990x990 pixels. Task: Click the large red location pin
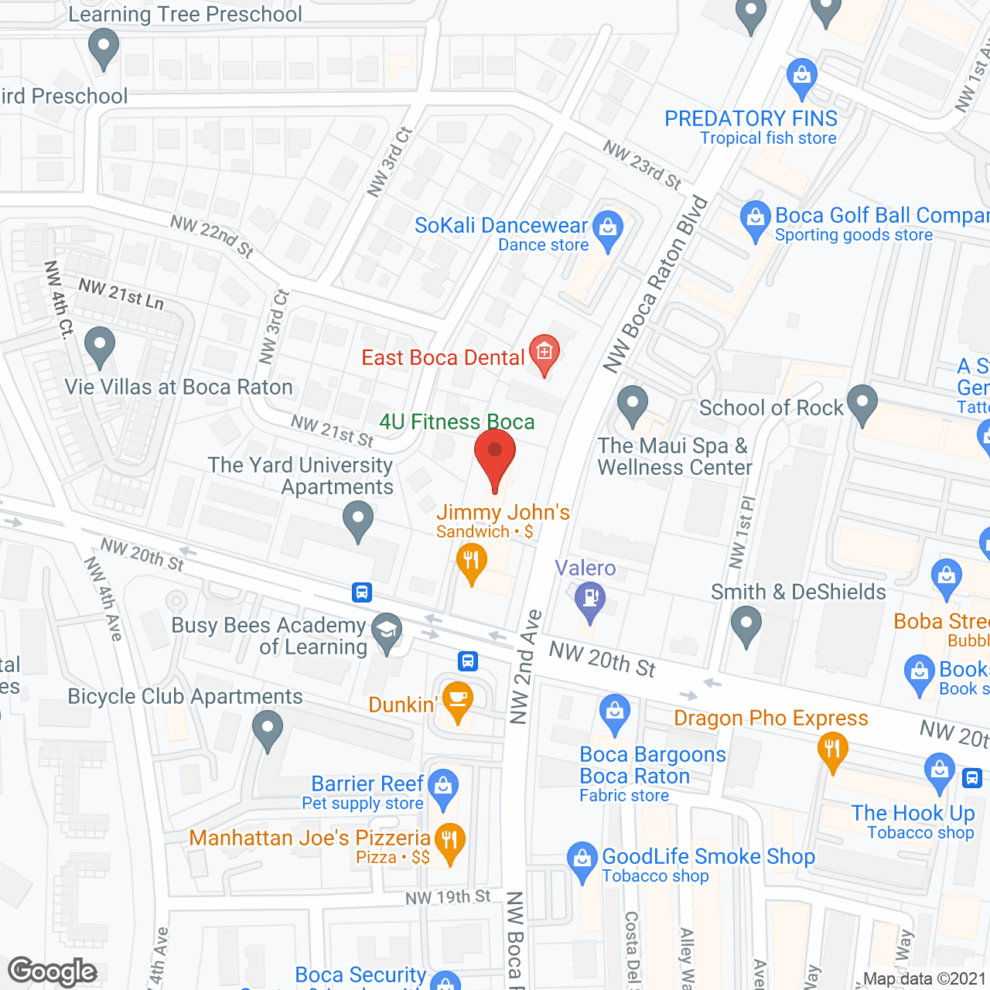[x=494, y=452]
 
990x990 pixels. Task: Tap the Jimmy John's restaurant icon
[x=471, y=562]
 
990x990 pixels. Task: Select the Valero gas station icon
[x=590, y=600]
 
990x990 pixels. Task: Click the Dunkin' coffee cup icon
[x=458, y=699]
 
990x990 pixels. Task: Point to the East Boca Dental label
[x=443, y=358]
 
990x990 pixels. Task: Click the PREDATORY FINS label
[x=750, y=119]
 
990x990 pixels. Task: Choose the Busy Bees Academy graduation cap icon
[x=387, y=631]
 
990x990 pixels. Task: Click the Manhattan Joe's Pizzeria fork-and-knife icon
[x=449, y=841]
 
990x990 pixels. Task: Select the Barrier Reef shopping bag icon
[x=443, y=787]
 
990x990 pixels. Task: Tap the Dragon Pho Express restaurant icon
[x=832, y=751]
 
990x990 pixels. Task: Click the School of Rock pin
[x=862, y=403]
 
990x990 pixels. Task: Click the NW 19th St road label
[x=448, y=897]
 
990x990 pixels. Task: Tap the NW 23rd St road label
[x=642, y=165]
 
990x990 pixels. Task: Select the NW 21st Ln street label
[x=121, y=294]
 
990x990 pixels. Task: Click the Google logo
[x=53, y=971]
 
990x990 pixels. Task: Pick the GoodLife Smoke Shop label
[x=708, y=857]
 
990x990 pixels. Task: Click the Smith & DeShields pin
[x=746, y=625]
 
